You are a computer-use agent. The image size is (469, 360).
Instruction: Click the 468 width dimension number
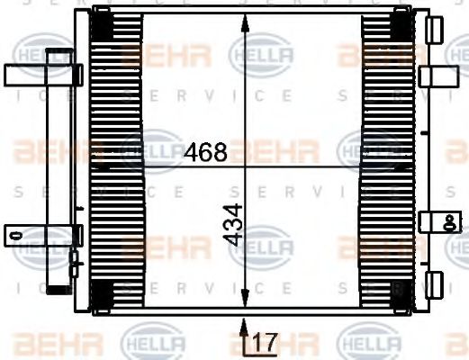[x=205, y=152]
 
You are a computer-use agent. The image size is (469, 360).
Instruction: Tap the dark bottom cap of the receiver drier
[x=59, y=289]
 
